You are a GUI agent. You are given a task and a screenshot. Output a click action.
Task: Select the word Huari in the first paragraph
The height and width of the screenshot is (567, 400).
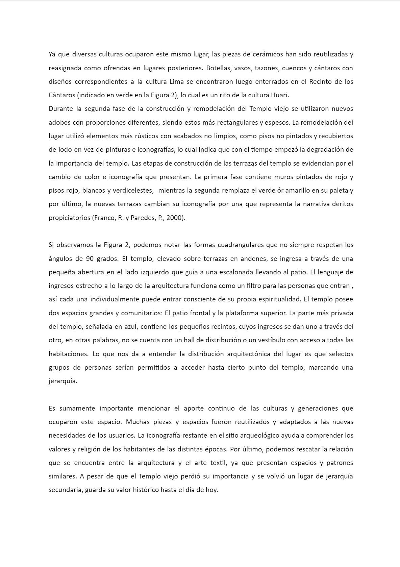click(x=279, y=95)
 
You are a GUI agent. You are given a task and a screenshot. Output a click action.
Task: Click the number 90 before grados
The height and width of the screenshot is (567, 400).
click(x=90, y=259)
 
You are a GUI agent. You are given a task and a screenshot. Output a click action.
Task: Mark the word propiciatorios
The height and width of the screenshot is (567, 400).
click(x=69, y=218)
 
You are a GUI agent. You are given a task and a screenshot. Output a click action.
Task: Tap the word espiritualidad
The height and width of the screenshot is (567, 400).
click(x=280, y=299)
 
